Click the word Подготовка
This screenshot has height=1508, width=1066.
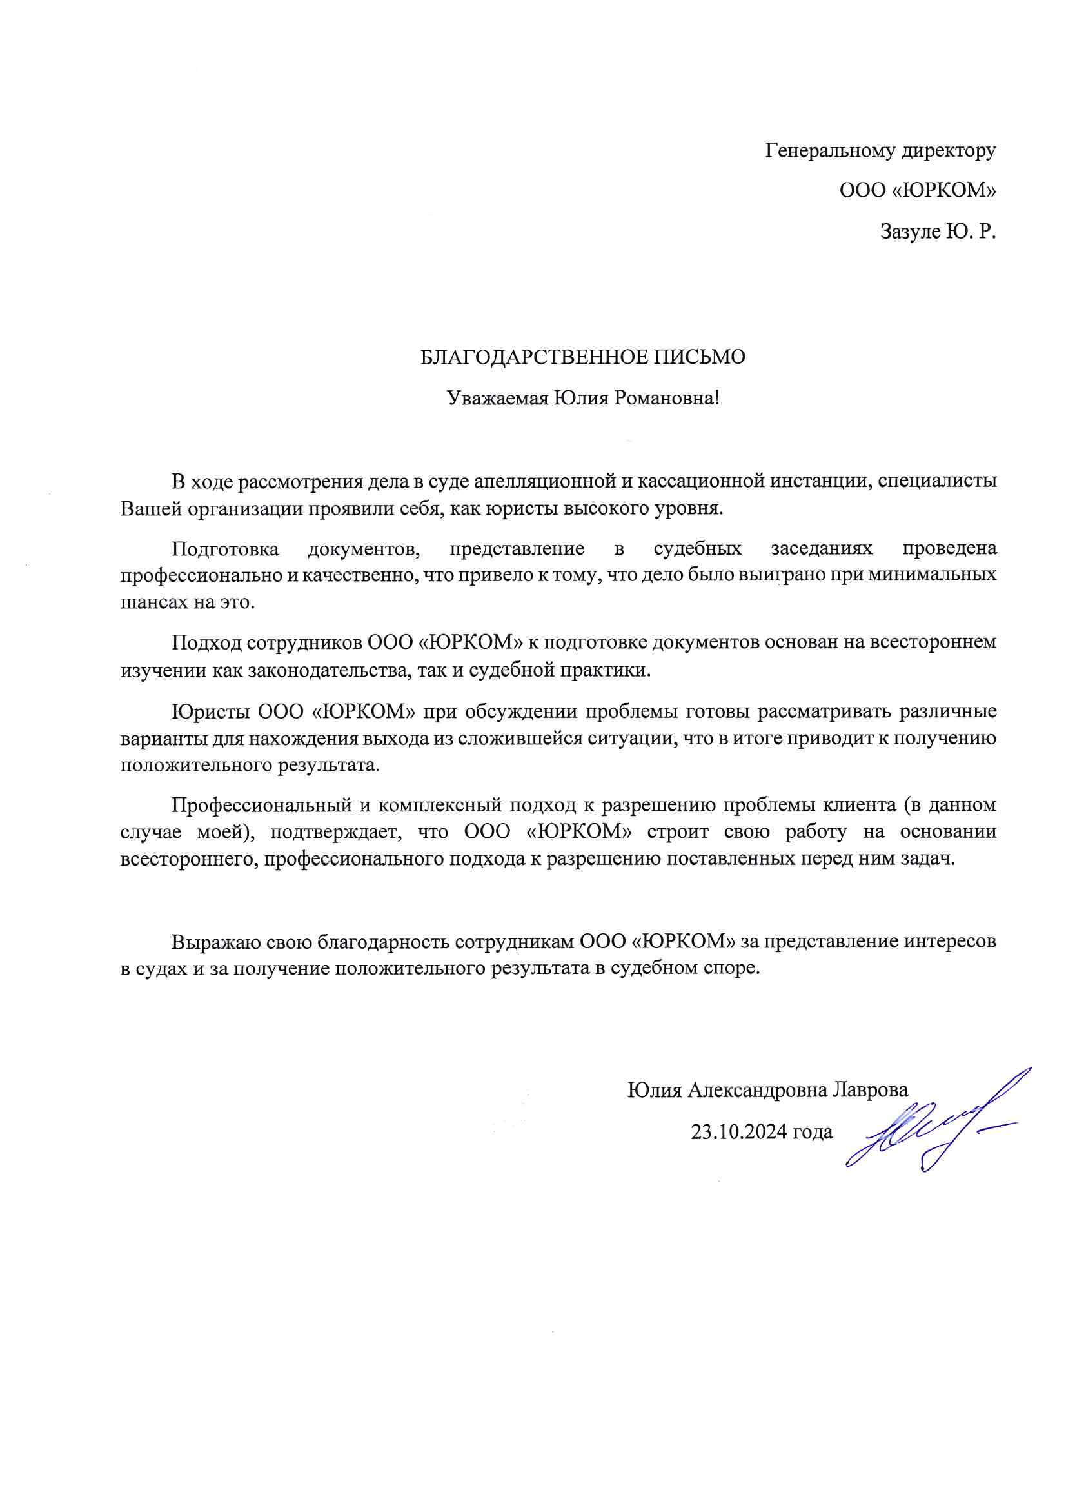click(225, 548)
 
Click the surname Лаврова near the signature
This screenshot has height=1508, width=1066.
click(869, 1090)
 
